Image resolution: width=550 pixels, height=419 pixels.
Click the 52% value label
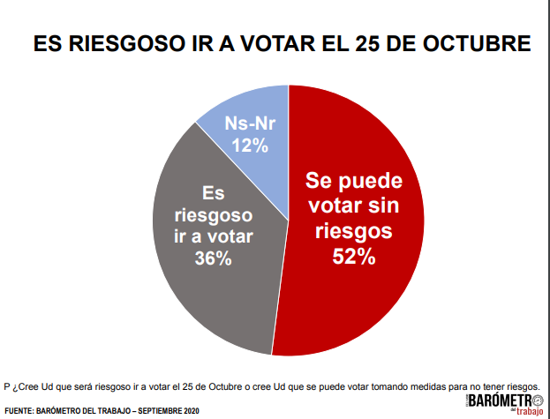click(x=353, y=257)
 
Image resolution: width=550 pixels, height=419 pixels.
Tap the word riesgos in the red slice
click(x=353, y=231)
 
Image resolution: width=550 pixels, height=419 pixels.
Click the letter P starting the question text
click(x=7, y=385)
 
